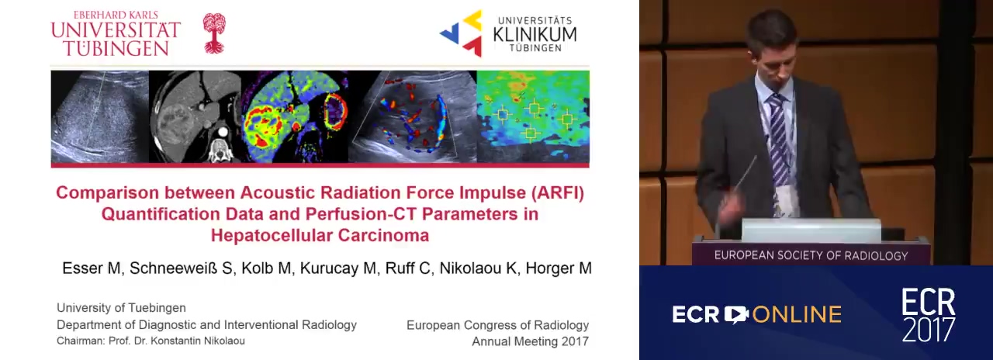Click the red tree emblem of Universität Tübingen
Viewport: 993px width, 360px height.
pos(214,33)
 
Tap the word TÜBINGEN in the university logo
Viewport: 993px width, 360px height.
pos(116,48)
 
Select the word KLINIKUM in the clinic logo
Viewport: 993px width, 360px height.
pos(535,35)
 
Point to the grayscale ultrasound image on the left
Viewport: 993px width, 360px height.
pos(100,116)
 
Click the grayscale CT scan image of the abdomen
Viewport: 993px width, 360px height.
pos(195,116)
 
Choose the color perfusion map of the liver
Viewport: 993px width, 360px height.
pos(295,116)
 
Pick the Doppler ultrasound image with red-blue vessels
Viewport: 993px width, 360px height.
pos(412,116)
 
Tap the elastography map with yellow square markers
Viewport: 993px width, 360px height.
pos(533,116)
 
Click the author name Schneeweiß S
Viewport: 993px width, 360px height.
pos(181,268)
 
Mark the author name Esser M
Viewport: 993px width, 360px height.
pos(92,268)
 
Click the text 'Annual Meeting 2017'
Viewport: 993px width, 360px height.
pos(530,341)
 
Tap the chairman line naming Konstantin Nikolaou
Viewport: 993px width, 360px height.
pos(151,341)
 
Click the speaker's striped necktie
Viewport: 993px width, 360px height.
pos(779,137)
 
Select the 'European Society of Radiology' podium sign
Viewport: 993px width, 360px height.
pos(811,255)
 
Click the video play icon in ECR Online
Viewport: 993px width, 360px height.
pos(736,314)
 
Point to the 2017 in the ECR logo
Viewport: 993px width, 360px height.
pos(929,330)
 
